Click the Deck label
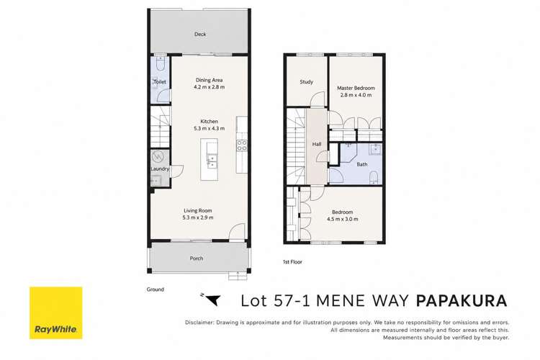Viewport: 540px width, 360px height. [x=200, y=34]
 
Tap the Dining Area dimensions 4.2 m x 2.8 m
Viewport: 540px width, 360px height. [x=209, y=87]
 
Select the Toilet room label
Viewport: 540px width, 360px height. [x=160, y=81]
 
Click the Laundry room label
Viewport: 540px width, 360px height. [x=160, y=168]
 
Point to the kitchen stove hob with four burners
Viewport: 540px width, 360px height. [x=242, y=145]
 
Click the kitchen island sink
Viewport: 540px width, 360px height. [x=212, y=162]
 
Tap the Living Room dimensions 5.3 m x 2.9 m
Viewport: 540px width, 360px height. [x=198, y=217]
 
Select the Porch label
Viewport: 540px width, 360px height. [x=197, y=258]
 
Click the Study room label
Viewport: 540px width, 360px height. [x=307, y=81]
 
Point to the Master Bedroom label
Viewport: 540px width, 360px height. [x=356, y=88]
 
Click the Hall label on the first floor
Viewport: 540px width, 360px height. [x=317, y=144]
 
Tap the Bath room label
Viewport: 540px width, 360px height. [x=362, y=164]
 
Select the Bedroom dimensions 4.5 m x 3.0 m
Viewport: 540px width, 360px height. [x=342, y=219]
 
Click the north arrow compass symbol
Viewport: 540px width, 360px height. [x=211, y=299]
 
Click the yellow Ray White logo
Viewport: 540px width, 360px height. [x=55, y=312]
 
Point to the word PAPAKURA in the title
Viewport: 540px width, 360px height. [x=462, y=301]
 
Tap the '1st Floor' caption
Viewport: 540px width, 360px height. [x=292, y=262]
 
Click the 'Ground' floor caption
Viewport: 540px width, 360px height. [x=156, y=289]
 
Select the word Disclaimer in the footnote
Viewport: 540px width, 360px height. [x=199, y=323]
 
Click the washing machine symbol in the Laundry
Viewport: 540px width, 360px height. [x=158, y=157]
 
